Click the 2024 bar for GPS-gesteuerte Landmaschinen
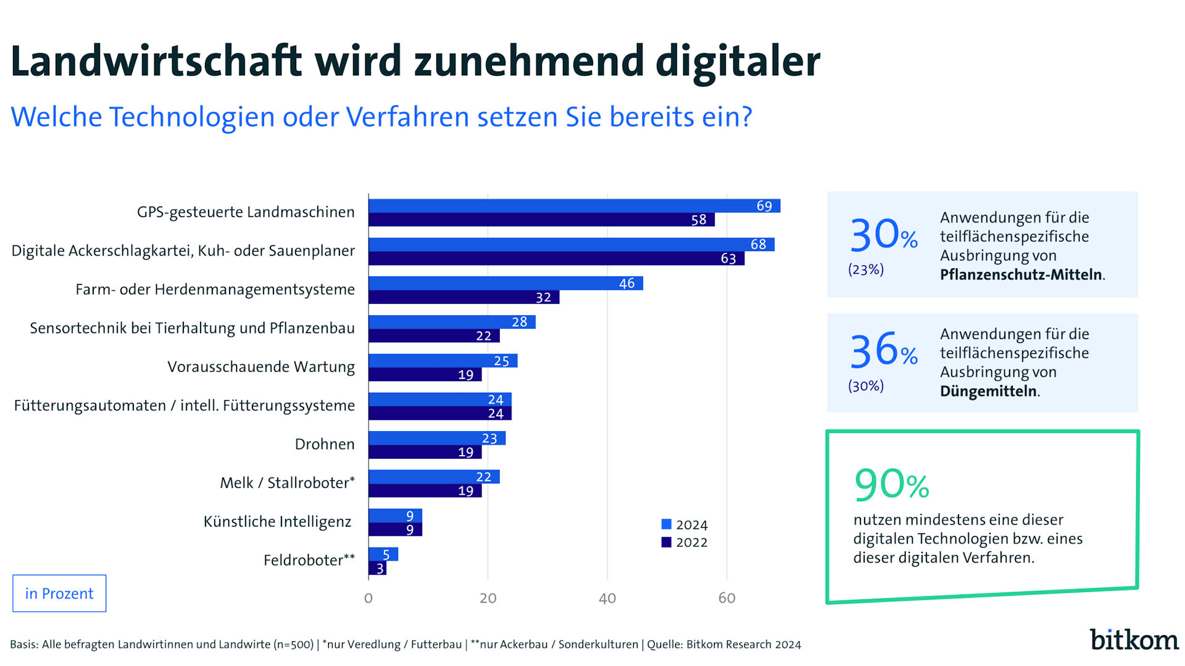pyautogui.click(x=574, y=206)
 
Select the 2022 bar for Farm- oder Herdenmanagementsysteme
pyautogui.click(x=464, y=297)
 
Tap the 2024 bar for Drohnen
pyautogui.click(x=437, y=438)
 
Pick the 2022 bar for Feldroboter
pyautogui.click(x=377, y=568)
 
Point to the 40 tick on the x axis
pyautogui.click(x=607, y=598)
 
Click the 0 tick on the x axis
pyautogui.click(x=368, y=598)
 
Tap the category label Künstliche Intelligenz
pyautogui.click(x=277, y=522)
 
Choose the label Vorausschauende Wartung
pyautogui.click(x=261, y=367)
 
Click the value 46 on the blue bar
pyautogui.click(x=626, y=284)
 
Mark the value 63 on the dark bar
pyautogui.click(x=728, y=259)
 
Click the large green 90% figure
pyautogui.click(x=891, y=484)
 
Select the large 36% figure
pyautogui.click(x=883, y=350)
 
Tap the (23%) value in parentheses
pyautogui.click(x=865, y=269)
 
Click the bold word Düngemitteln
pyautogui.click(x=988, y=391)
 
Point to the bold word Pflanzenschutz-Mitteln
pyautogui.click(x=1021, y=274)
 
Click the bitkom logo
pyautogui.click(x=1134, y=639)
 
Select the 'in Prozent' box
pyautogui.click(x=59, y=593)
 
